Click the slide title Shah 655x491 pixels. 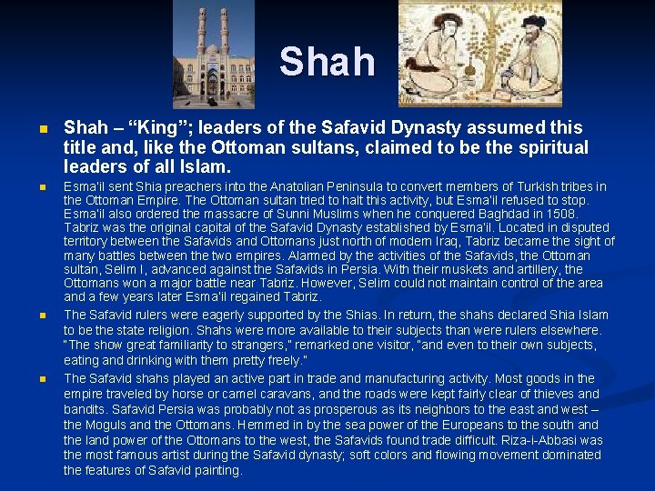pyautogui.click(x=327, y=62)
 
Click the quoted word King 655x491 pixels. pyautogui.click(x=146, y=127)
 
